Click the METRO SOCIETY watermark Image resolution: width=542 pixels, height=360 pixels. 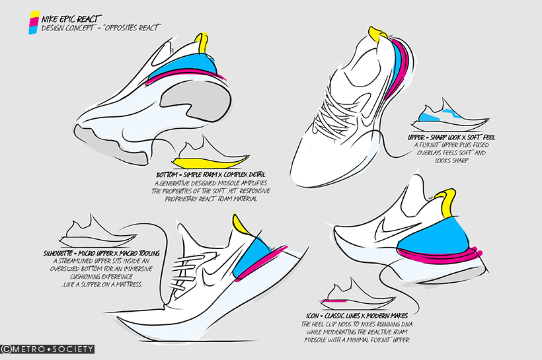(x=48, y=349)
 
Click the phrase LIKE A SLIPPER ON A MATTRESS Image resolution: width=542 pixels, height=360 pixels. (x=100, y=285)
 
